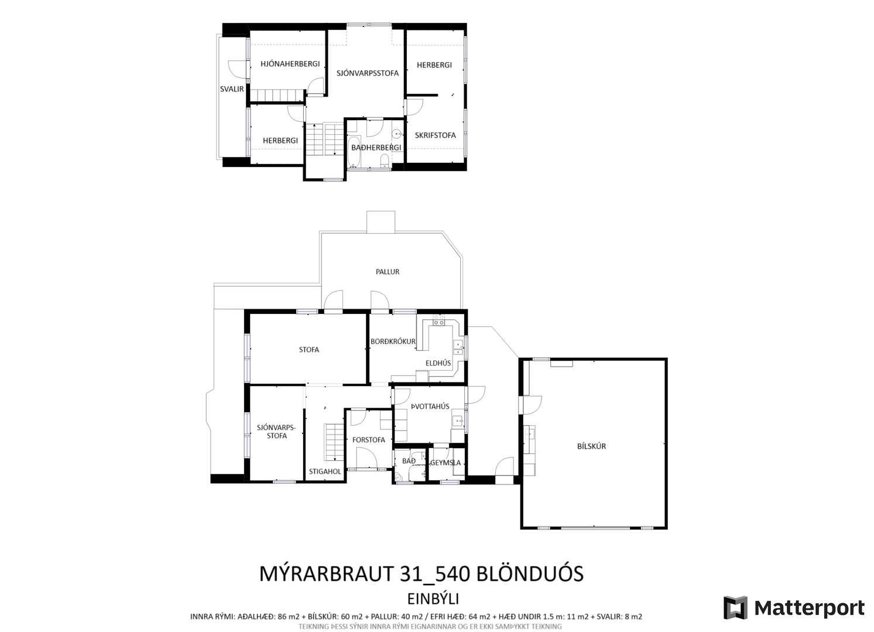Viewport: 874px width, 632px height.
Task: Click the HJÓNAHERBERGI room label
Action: (x=290, y=64)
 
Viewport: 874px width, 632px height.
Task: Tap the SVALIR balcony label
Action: (x=232, y=89)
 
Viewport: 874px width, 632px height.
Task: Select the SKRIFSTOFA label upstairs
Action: (x=435, y=135)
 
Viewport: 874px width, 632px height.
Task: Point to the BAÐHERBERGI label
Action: (x=376, y=148)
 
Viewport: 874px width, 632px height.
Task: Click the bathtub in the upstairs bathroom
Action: (x=354, y=152)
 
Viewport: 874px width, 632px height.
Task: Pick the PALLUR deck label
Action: (x=388, y=272)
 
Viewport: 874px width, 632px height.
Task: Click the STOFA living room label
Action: (x=309, y=350)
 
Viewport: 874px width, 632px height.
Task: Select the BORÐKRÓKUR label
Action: (x=393, y=341)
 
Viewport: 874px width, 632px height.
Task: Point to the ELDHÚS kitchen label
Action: (x=438, y=363)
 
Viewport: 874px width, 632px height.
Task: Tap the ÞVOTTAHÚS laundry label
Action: (x=430, y=406)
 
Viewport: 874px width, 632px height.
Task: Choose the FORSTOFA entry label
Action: (x=369, y=440)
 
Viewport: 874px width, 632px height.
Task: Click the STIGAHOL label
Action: (x=325, y=472)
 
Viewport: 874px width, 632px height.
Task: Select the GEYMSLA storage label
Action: (x=445, y=463)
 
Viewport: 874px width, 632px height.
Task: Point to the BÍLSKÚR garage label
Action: (x=591, y=446)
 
